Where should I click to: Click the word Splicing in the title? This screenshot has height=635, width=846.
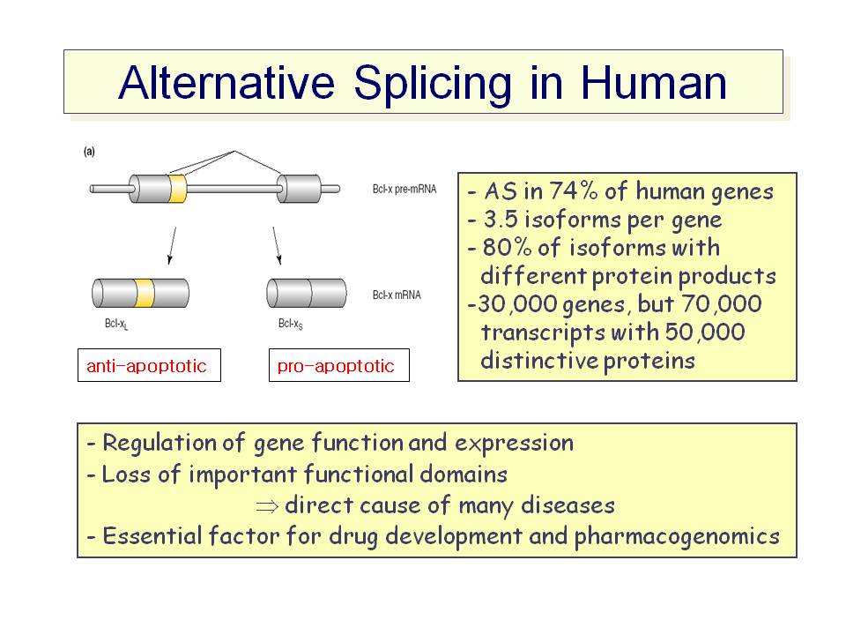pyautogui.click(x=432, y=85)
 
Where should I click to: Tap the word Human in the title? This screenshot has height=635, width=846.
pyautogui.click(x=653, y=83)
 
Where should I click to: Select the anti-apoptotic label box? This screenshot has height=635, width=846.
pyautogui.click(x=150, y=365)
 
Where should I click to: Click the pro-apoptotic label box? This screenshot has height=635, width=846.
pyautogui.click(x=338, y=365)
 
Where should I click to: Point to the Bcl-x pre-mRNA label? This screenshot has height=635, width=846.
pyautogui.click(x=404, y=189)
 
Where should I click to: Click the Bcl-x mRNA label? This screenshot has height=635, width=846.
pyautogui.click(x=397, y=295)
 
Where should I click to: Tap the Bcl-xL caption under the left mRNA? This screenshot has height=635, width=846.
pyautogui.click(x=116, y=324)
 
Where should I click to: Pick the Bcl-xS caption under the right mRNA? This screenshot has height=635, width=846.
pyautogui.click(x=290, y=324)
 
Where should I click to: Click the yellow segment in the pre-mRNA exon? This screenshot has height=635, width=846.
pyautogui.click(x=177, y=189)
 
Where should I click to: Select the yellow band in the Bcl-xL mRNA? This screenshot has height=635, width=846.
pyautogui.click(x=145, y=293)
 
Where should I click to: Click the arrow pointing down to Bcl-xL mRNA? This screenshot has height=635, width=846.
pyautogui.click(x=172, y=246)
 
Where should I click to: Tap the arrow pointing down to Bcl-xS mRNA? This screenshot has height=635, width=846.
pyautogui.click(x=278, y=246)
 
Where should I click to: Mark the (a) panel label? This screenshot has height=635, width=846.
pyautogui.click(x=89, y=152)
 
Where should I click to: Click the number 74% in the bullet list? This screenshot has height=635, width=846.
pyautogui.click(x=574, y=190)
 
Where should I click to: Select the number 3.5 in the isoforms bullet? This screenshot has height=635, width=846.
pyautogui.click(x=501, y=220)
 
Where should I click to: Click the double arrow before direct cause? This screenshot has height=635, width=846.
pyautogui.click(x=267, y=506)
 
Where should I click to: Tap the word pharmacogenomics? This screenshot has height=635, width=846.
pyautogui.click(x=677, y=537)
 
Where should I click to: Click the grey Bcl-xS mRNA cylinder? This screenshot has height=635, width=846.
pyautogui.click(x=307, y=293)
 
